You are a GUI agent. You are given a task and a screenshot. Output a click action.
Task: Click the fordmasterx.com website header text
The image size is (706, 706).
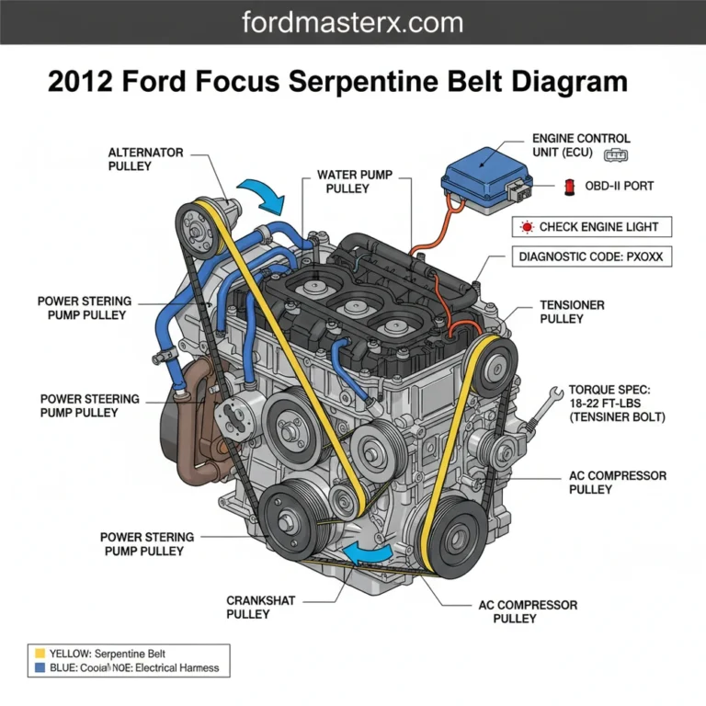tap(352, 22)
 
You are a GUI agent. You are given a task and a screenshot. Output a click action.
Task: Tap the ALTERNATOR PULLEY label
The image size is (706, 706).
tap(145, 159)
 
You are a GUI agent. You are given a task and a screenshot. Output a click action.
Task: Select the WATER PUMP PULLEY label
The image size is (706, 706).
tap(343, 181)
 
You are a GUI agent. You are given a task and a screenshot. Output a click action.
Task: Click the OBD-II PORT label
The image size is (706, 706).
tap(620, 186)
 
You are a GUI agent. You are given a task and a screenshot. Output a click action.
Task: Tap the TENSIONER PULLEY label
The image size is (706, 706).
tap(572, 312)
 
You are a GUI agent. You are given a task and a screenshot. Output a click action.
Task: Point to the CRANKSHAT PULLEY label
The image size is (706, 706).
tap(261, 607)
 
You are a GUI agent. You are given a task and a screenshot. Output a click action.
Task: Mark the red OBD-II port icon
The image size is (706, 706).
tap(570, 187)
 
